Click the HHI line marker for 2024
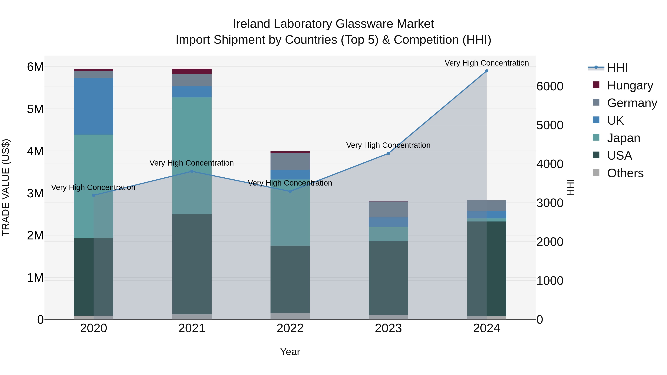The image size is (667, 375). point(487,71)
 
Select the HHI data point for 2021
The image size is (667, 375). point(192,171)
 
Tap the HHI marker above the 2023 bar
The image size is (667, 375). point(388,154)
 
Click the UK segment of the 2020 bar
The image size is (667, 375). point(94,106)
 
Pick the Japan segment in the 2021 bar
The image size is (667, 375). point(192,155)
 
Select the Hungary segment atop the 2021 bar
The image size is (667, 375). point(192,71)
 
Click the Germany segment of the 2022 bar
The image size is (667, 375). point(290,161)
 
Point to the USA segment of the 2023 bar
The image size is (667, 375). point(388,278)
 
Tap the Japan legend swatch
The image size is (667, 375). point(596,137)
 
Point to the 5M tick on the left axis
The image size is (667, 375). point(35,109)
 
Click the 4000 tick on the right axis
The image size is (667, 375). point(550,164)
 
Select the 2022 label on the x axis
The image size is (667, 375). point(290,328)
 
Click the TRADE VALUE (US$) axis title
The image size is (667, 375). point(6,187)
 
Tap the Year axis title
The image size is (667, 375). point(290,352)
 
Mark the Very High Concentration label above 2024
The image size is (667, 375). point(487,63)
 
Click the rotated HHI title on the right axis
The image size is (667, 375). point(570,187)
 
